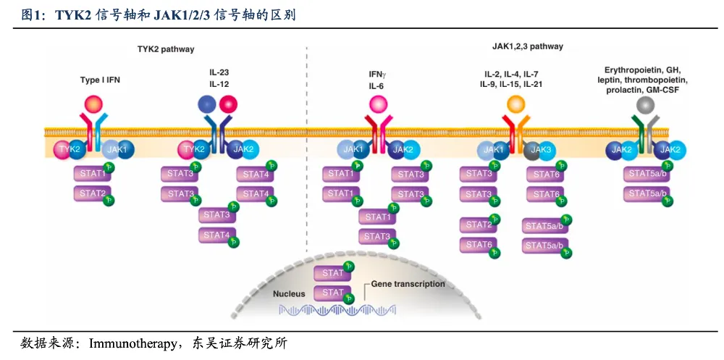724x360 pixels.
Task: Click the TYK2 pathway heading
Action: pyautogui.click(x=166, y=49)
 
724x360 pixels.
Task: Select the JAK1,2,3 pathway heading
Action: pyautogui.click(x=523, y=46)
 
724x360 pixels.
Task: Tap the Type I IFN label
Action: pyautogui.click(x=100, y=80)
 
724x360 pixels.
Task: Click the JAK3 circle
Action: pyautogui.click(x=536, y=150)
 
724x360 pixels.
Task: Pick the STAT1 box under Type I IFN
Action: pyautogui.click(x=93, y=173)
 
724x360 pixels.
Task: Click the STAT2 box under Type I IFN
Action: pyautogui.click(x=93, y=193)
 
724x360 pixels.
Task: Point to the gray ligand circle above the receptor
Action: pyautogui.click(x=644, y=106)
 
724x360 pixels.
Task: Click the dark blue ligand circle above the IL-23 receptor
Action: pyautogui.click(x=206, y=105)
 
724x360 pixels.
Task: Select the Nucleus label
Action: pyautogui.click(x=290, y=293)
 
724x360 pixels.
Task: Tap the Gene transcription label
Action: pyautogui.click(x=408, y=284)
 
